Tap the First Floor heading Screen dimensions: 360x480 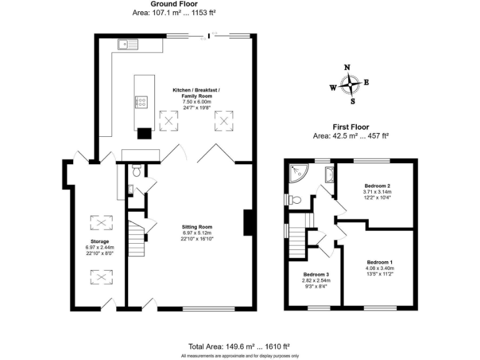click(x=351, y=127)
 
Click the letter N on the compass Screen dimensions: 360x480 click(x=348, y=68)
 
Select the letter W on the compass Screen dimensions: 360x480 click(x=332, y=87)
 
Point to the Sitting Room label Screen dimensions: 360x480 click(x=197, y=227)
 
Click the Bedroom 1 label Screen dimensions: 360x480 click(x=380, y=261)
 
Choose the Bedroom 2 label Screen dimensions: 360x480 click(x=377, y=186)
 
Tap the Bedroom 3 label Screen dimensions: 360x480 click(x=316, y=274)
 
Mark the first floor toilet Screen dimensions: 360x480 click(x=296, y=200)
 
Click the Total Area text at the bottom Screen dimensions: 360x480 click(x=239, y=346)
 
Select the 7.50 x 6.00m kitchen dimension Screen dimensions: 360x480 click(x=197, y=101)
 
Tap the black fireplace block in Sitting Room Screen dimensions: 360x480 click(x=248, y=221)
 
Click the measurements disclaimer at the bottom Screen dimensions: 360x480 click(x=239, y=356)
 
